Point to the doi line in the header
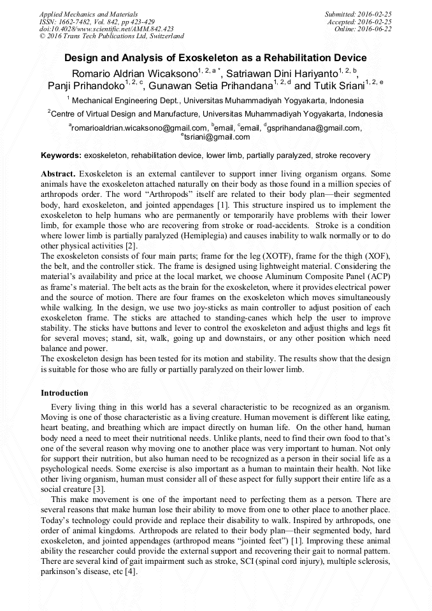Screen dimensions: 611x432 106,29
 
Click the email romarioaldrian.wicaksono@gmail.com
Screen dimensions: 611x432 138,128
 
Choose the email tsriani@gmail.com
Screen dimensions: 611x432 217,136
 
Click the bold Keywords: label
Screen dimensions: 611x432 61,155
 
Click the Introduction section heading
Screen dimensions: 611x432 64,393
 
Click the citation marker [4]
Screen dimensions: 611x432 131,571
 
